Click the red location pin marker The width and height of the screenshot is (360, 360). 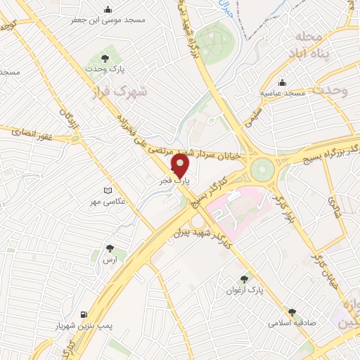(x=181, y=165)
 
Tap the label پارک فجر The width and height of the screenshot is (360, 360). (x=174, y=181)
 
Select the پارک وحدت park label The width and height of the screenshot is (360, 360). (x=105, y=70)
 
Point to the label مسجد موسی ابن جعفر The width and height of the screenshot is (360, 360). (x=108, y=20)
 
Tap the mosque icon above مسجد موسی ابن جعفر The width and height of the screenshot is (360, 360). (x=108, y=9)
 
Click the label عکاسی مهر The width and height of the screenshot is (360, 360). (x=107, y=202)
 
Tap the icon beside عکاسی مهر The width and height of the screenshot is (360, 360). (x=107, y=191)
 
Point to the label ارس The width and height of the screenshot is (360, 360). (x=109, y=260)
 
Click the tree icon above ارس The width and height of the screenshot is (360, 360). (x=109, y=248)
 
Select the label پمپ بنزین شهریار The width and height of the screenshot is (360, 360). (x=84, y=326)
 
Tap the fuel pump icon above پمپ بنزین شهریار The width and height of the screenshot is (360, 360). (x=84, y=314)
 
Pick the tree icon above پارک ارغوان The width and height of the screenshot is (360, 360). (x=245, y=278)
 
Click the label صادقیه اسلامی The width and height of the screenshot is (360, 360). (x=292, y=323)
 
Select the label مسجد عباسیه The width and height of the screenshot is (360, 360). (x=283, y=93)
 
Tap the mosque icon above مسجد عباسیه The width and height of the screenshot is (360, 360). (x=283, y=82)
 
